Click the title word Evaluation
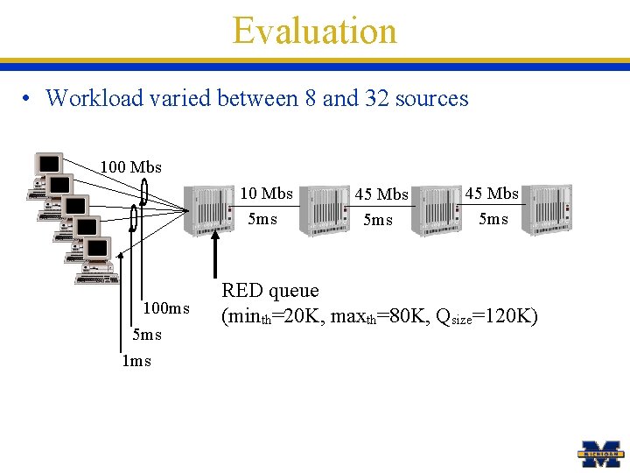coord(314,31)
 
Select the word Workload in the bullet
coord(92,98)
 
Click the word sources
coord(431,99)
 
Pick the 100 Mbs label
coord(130,166)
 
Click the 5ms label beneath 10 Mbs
coord(262,219)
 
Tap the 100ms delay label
coord(166,308)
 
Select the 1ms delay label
coord(136,361)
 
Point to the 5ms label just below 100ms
coord(147,335)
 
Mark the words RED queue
coord(269,291)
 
